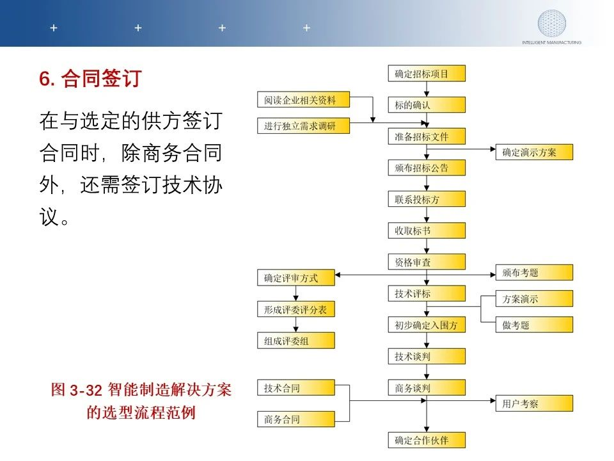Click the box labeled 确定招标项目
tap(427, 73)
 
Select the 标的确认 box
tap(427, 104)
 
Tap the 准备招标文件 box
tap(427, 136)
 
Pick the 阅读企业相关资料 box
tap(303, 100)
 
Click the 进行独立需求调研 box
tap(303, 125)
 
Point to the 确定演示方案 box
tap(534, 152)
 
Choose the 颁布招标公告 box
tap(427, 168)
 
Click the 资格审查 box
tap(427, 262)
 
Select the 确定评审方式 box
tap(296, 277)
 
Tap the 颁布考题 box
tap(534, 273)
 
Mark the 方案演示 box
tap(534, 299)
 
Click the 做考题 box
tap(534, 325)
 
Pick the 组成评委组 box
tap(296, 341)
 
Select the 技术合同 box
tap(296, 388)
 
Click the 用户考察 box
tap(534, 403)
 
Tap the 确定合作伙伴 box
tap(427, 440)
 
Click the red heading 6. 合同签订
tap(90, 78)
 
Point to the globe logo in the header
tap(551, 24)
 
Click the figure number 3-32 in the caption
tap(86, 390)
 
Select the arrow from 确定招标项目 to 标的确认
tap(427, 90)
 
